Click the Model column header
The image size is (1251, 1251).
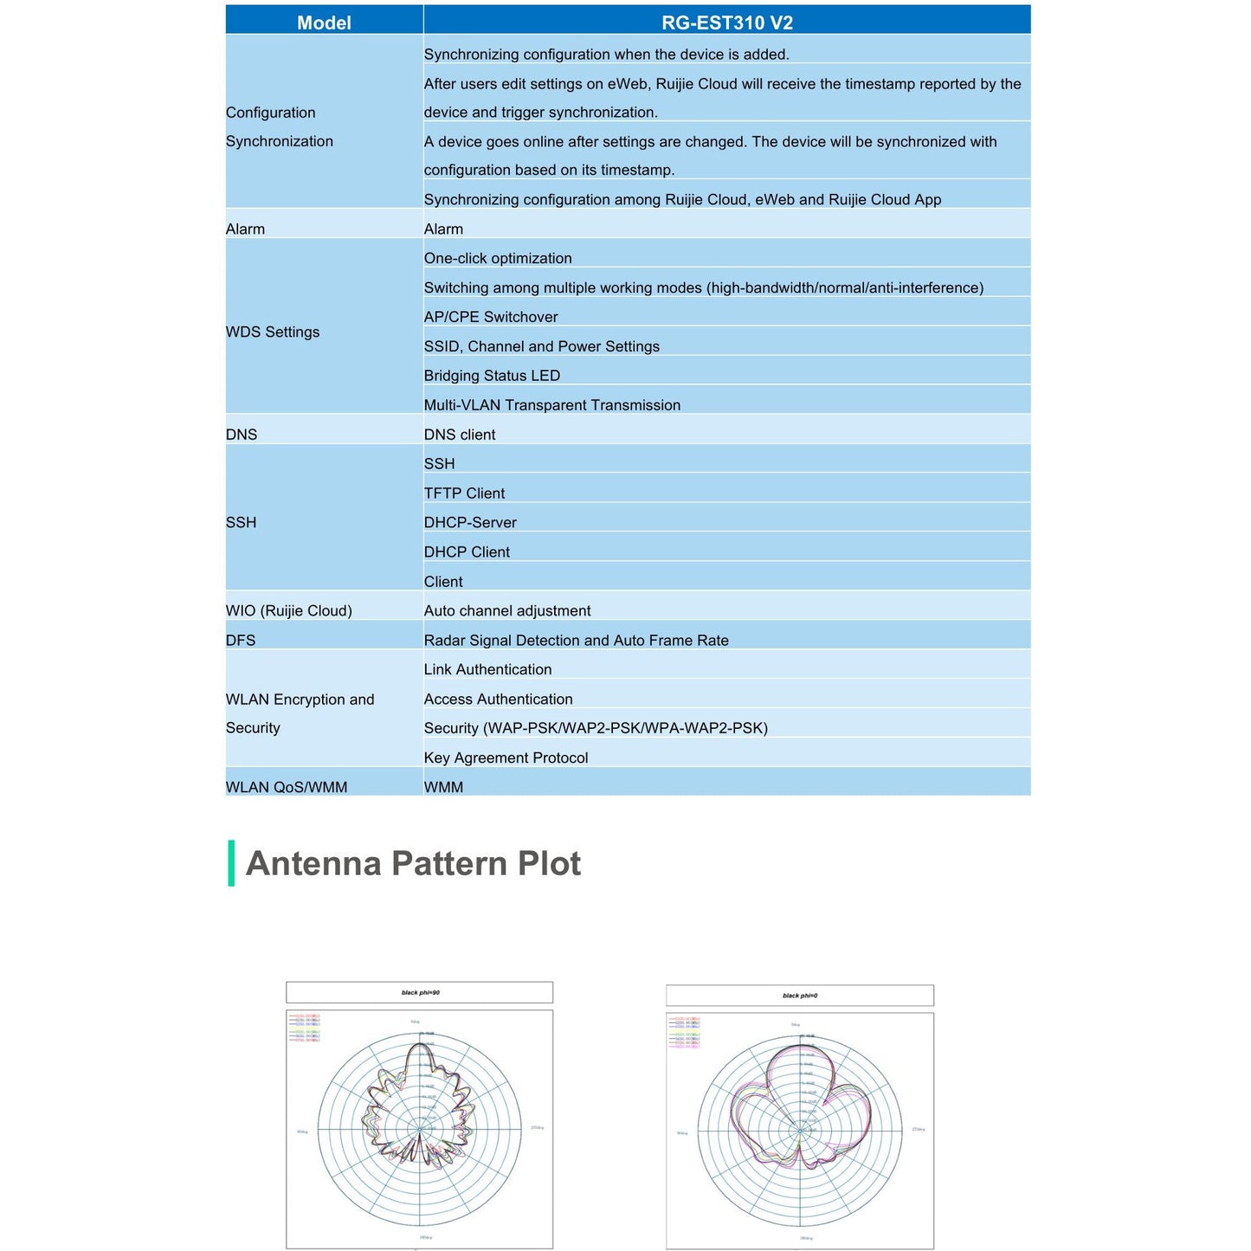(x=324, y=23)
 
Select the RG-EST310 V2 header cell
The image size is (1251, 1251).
(x=726, y=23)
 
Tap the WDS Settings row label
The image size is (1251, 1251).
(x=273, y=332)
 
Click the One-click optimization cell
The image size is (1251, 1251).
(x=498, y=258)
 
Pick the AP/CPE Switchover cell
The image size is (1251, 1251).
(x=491, y=317)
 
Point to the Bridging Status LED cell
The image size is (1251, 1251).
(x=492, y=376)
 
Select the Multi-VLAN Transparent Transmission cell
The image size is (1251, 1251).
(x=552, y=405)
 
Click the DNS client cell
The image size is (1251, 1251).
(x=460, y=435)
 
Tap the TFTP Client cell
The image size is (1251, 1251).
(x=464, y=493)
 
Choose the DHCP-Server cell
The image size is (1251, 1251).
(x=470, y=523)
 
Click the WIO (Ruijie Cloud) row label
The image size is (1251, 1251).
(x=289, y=611)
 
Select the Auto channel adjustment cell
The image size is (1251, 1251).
(x=507, y=611)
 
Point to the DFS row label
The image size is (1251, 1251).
(x=241, y=641)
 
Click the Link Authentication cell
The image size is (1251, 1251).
(x=487, y=670)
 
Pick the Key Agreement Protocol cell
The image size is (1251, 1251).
(x=506, y=758)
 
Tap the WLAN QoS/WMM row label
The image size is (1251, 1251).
(x=287, y=788)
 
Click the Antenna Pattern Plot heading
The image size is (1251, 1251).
(x=413, y=864)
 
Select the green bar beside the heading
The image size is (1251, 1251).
(x=231, y=863)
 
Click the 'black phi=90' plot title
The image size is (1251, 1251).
(x=420, y=993)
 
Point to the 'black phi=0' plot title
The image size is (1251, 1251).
(x=800, y=996)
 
